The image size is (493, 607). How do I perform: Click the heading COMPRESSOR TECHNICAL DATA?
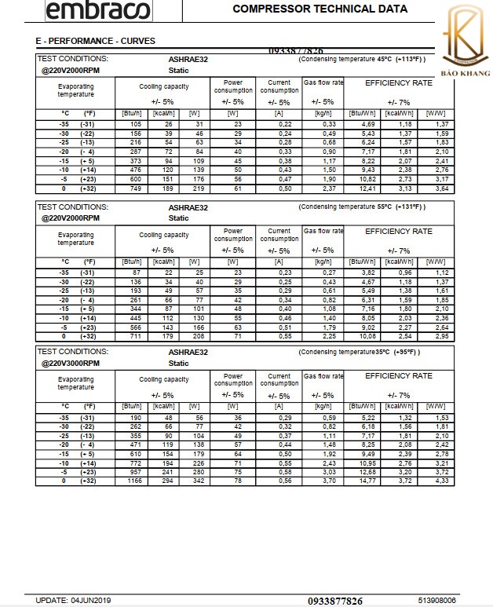tap(320, 9)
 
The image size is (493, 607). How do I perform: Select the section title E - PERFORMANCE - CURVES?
tap(96, 40)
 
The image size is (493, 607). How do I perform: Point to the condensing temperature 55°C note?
tap(362, 207)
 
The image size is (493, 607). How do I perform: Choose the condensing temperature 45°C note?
tap(362, 59)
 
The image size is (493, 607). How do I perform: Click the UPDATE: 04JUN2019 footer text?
tap(74, 600)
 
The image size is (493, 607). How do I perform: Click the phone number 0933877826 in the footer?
tap(335, 601)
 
